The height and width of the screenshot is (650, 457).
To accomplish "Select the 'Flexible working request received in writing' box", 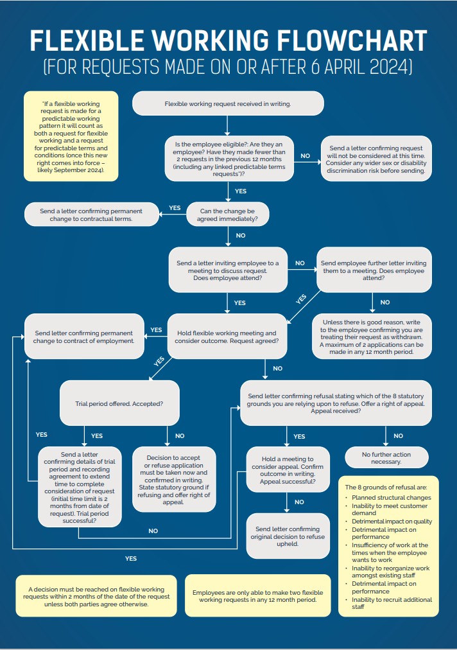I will pyautogui.click(x=228, y=103).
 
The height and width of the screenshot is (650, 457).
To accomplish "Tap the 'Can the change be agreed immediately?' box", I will pyautogui.click(x=227, y=214).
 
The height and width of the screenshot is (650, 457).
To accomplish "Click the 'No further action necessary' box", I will pyautogui.click(x=386, y=457).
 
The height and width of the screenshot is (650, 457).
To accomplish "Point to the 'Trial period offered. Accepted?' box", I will pyautogui.click(x=119, y=405).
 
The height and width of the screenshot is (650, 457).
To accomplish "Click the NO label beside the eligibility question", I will pyautogui.click(x=305, y=156).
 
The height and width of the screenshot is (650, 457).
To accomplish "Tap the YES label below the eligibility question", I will pyautogui.click(x=241, y=191).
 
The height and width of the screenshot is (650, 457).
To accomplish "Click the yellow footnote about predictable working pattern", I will pyautogui.click(x=71, y=136).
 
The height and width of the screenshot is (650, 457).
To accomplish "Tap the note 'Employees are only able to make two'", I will pyautogui.click(x=257, y=595).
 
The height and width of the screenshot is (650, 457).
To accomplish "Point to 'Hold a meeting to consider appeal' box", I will pyautogui.click(x=286, y=471).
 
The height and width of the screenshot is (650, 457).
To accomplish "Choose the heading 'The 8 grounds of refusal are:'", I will pyautogui.click(x=386, y=487).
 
